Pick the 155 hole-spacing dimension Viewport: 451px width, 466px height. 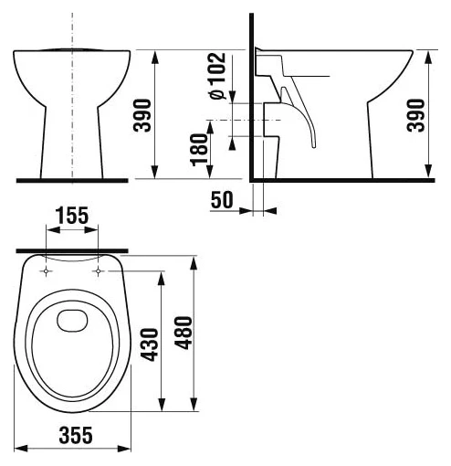pyautogui.click(x=71, y=217)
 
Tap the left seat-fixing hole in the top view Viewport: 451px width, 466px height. pyautogui.click(x=47, y=270)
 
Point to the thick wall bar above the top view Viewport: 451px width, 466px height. pyautogui.click(x=73, y=249)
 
